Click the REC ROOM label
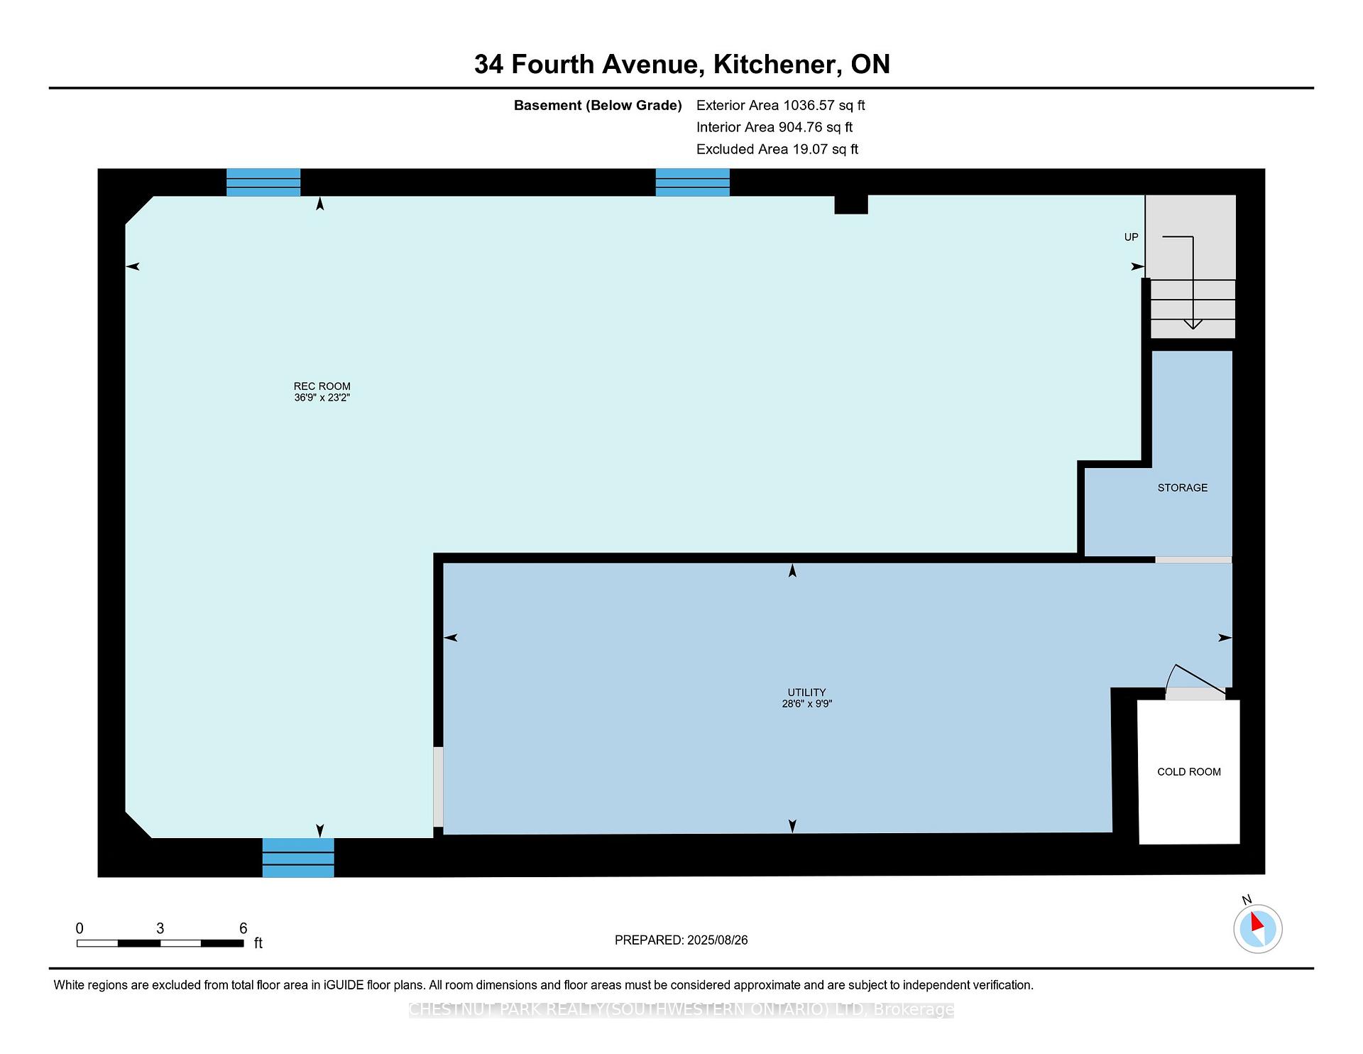coord(322,386)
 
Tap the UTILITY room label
coord(806,692)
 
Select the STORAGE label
coord(1182,488)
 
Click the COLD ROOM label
coord(1189,772)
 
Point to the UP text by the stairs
coord(1131,237)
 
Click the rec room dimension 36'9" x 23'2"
coord(322,398)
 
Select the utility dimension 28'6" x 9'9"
coord(806,704)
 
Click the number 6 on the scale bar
coord(243,928)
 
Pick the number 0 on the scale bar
coord(80,928)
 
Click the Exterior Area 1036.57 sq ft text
coord(780,105)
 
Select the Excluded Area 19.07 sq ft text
coord(777,149)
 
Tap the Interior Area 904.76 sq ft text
coord(774,127)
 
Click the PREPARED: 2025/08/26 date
coord(681,940)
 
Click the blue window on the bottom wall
coord(298,857)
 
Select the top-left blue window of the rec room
coord(263,182)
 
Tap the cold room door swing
coord(1195,680)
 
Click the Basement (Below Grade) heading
coord(598,105)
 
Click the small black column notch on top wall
coord(851,204)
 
